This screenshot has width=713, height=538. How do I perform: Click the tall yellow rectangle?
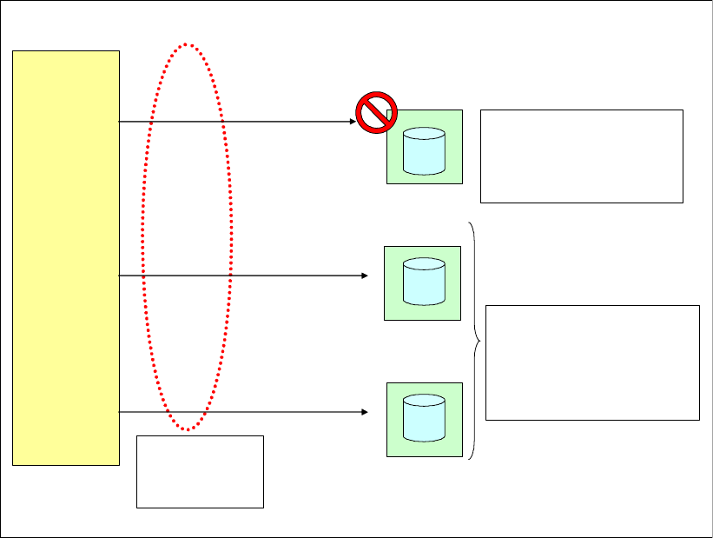pos(66,257)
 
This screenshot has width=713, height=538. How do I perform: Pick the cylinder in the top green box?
pos(425,149)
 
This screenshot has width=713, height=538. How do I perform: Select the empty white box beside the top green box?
pos(581,156)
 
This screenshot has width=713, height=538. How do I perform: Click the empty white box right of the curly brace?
pos(592,362)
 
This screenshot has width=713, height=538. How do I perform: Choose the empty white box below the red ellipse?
pos(200,471)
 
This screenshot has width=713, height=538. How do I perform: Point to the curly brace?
pos(475,340)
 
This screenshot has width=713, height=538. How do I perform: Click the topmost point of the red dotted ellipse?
pos(187,43)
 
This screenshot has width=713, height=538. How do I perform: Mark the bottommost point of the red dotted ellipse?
pos(187,430)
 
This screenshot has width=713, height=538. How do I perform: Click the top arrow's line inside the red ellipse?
pos(187,122)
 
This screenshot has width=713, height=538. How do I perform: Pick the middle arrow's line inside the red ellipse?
pos(187,276)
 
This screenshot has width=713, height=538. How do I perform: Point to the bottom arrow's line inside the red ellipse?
pos(187,411)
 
